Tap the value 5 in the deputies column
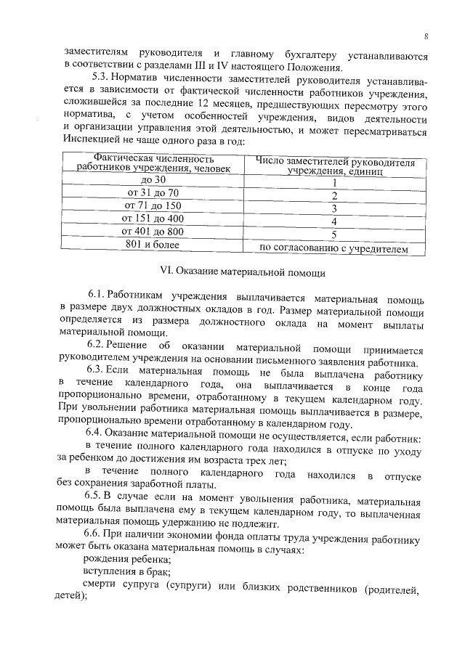coord(334,235)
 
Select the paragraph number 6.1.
coord(99,297)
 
